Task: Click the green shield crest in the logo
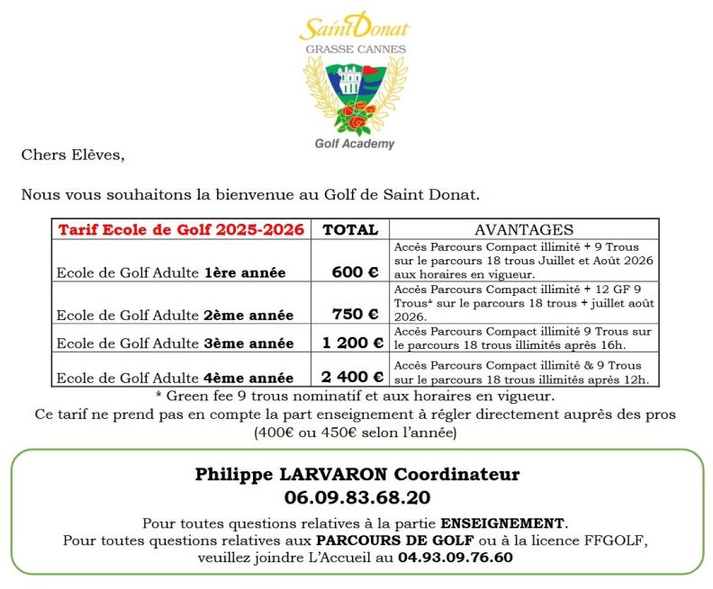tap(355, 94)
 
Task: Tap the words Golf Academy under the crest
tap(355, 143)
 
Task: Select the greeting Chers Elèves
tap(73, 155)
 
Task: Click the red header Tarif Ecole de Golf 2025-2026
tap(181, 229)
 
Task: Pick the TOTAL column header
tap(350, 229)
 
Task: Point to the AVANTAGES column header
tap(524, 229)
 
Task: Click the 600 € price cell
tap(355, 272)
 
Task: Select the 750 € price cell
tap(355, 314)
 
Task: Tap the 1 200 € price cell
tap(353, 343)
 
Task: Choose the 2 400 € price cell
tap(353, 377)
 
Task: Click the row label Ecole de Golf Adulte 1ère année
tap(171, 272)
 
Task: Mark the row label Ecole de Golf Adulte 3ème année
tap(175, 344)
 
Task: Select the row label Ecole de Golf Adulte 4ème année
tap(175, 378)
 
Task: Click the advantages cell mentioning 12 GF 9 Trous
tap(524, 303)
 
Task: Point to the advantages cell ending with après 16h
tap(524, 338)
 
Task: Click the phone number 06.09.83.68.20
tap(356, 497)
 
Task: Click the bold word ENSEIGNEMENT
tap(503, 522)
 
